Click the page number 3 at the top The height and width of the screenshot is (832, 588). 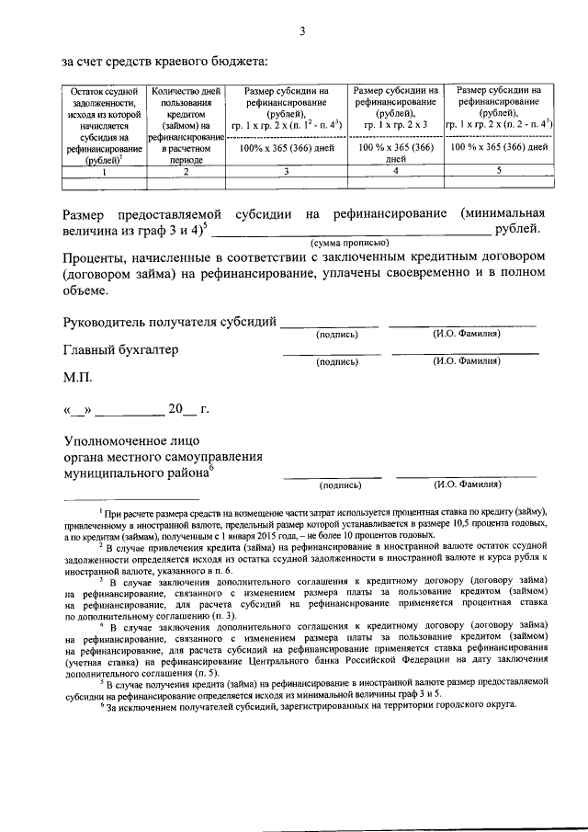301,32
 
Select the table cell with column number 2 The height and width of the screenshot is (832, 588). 186,171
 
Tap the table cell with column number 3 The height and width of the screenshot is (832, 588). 287,171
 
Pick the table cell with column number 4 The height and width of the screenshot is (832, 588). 395,171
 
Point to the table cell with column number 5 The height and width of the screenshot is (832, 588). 499,171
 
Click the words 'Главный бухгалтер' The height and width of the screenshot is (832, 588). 120,350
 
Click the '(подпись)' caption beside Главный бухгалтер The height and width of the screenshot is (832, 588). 336,362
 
